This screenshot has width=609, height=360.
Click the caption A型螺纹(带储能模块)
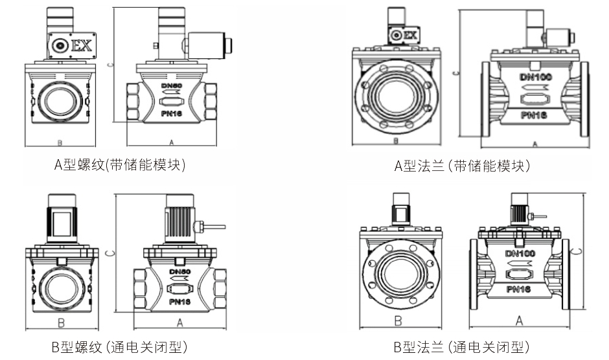120,165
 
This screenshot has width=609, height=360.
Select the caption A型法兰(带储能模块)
463,166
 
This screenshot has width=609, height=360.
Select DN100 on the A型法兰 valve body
535,78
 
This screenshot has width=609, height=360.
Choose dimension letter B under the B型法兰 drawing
398,321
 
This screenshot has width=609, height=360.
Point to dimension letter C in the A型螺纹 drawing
111,65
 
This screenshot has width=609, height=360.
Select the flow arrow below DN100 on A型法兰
535,89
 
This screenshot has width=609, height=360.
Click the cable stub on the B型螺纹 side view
214,226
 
